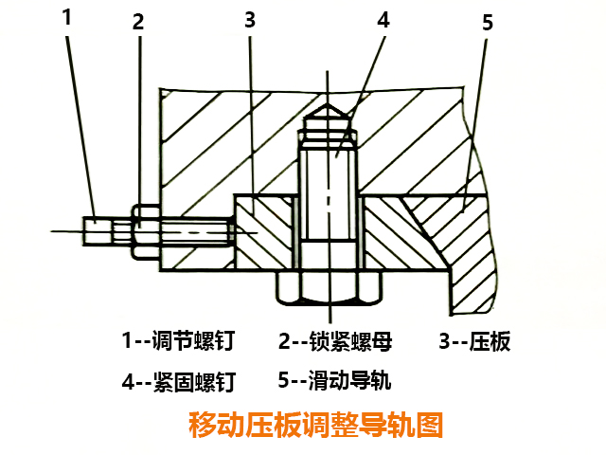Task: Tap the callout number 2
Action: pyautogui.click(x=138, y=24)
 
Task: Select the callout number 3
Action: pyautogui.click(x=249, y=22)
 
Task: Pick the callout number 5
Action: pyautogui.click(x=488, y=24)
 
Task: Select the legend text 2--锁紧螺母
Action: pyautogui.click(x=335, y=340)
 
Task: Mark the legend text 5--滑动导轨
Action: pyautogui.click(x=335, y=381)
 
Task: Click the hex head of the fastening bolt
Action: pyautogui.click(x=328, y=288)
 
